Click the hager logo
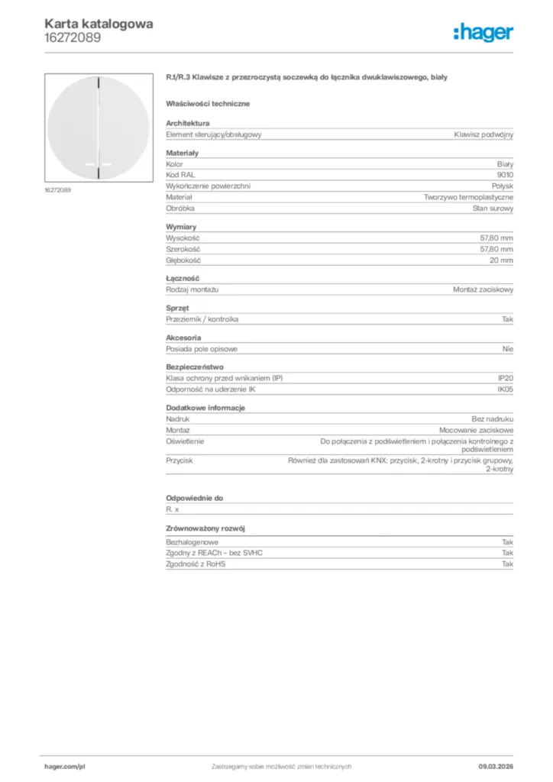click(x=483, y=31)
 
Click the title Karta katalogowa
click(x=99, y=24)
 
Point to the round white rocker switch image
click(x=99, y=127)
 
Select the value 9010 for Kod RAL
click(x=505, y=175)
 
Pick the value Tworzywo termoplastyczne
click(x=469, y=197)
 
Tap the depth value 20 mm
click(x=502, y=260)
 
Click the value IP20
click(x=505, y=378)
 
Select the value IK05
click(x=505, y=389)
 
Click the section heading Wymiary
click(x=182, y=228)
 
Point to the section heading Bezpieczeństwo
click(x=195, y=367)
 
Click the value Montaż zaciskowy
click(x=483, y=290)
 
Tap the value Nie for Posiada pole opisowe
click(x=508, y=349)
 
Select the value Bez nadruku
click(x=493, y=419)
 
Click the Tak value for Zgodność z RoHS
click(x=507, y=564)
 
